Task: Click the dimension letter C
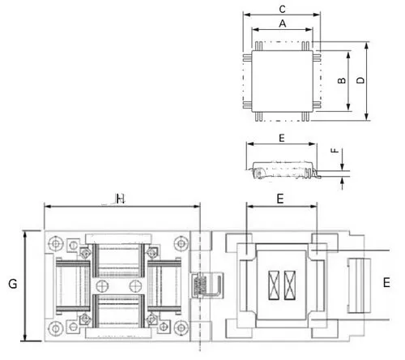coord(282,9)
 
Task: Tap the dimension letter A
coord(283,24)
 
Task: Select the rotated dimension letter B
coord(342,80)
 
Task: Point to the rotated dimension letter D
coord(360,80)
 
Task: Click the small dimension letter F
coord(335,151)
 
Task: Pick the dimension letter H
coord(121,199)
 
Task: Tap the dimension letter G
coord(13,284)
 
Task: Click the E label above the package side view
coord(282,138)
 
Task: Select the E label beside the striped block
coord(386,283)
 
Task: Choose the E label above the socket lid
coord(280,199)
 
